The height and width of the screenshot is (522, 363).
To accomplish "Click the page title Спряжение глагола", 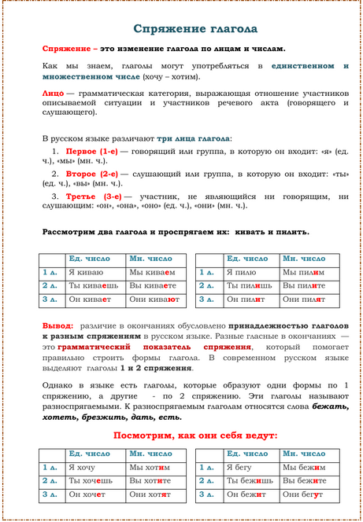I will [194, 29].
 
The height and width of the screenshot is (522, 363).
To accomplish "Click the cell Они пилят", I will [306, 299].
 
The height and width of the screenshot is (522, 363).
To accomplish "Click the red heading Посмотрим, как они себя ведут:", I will [194, 435].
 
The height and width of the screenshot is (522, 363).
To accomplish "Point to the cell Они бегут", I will [306, 494].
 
